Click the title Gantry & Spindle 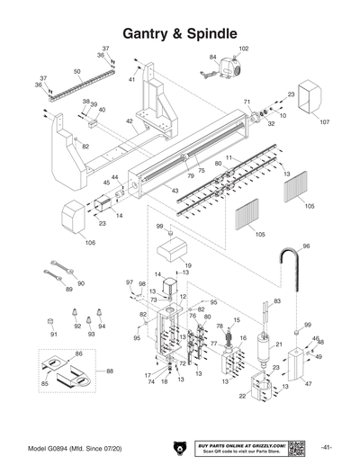tap(180, 33)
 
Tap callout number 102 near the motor tap(244, 49)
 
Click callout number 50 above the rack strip tap(76, 71)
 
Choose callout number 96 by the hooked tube tap(305, 246)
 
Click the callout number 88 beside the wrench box tap(111, 371)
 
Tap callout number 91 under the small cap tap(53, 335)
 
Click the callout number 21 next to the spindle tap(279, 344)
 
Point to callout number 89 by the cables tap(70, 290)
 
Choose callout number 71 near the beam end tap(247, 103)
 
